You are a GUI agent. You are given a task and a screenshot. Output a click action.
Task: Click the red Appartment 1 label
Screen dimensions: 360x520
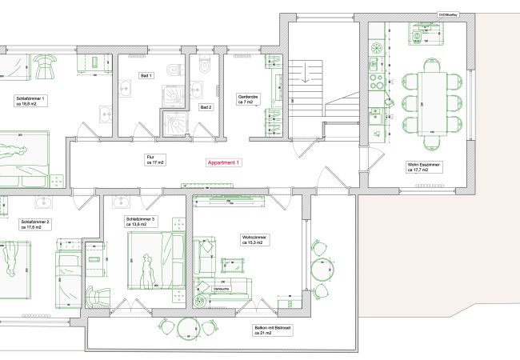coord(223,162)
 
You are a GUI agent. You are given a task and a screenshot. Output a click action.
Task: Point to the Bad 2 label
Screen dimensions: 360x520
coord(206,106)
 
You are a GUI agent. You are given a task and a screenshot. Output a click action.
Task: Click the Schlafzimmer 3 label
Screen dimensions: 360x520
coord(141,221)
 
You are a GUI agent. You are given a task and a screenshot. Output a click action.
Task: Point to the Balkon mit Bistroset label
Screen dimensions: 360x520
coord(264,330)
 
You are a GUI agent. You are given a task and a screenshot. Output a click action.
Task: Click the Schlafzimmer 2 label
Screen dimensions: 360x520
coord(35,224)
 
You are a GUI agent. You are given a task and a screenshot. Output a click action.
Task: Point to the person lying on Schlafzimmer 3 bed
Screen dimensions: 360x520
coord(146,269)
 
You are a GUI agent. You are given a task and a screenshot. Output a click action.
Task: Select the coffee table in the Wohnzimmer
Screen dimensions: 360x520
coord(233,265)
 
